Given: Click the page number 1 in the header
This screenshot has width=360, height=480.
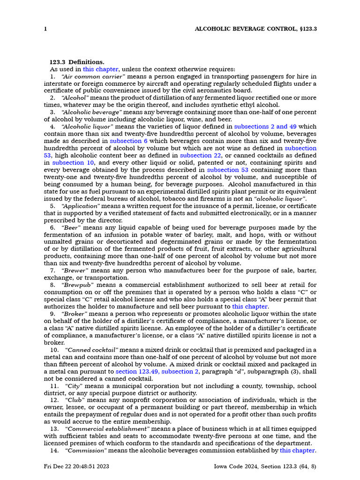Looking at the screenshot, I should coord(45,29).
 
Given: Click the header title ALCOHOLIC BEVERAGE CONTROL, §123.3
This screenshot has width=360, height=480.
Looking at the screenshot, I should coord(256,29).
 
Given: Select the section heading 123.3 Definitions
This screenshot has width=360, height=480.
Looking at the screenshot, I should coord(77,62).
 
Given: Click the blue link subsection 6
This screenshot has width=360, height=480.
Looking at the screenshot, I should coord(128,141).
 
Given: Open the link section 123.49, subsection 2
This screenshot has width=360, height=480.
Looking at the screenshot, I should coord(157,372).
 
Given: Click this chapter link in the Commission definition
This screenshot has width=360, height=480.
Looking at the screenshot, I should coord(297,450).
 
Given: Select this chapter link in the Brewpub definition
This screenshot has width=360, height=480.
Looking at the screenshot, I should coord(250,307).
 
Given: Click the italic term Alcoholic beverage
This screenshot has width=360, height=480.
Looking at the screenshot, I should coord(91,112).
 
